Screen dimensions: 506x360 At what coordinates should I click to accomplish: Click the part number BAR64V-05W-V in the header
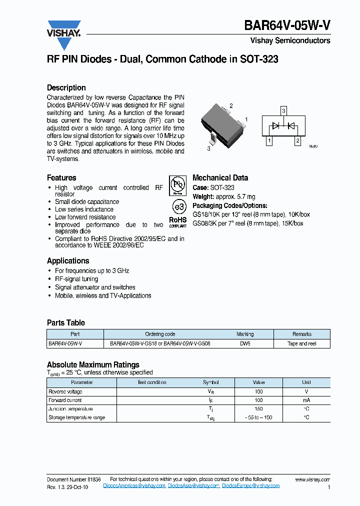tap(287, 26)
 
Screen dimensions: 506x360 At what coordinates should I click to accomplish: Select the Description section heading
tap(66, 87)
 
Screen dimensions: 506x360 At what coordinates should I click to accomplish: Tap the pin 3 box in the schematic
tap(283, 110)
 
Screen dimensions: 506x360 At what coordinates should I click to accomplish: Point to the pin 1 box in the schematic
tap(269, 141)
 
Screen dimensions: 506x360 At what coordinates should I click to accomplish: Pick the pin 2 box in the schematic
tap(297, 141)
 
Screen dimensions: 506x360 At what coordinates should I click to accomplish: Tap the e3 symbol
tap(178, 207)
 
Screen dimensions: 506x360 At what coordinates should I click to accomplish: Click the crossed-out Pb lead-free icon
tap(177, 185)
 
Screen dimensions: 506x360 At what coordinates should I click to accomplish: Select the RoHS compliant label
tap(177, 221)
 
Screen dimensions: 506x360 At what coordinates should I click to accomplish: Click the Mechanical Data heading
tap(220, 177)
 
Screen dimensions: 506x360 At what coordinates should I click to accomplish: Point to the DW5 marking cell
tap(245, 343)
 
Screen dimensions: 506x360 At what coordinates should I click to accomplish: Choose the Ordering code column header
tap(160, 334)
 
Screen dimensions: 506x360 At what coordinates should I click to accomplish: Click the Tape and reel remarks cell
tap(302, 343)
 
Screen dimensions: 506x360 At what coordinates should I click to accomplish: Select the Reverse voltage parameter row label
tap(65, 391)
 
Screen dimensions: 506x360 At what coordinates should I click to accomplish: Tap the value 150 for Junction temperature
tap(258, 408)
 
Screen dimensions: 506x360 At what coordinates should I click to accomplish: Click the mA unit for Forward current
tap(306, 400)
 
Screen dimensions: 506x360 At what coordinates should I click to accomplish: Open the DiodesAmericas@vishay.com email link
tap(134, 485)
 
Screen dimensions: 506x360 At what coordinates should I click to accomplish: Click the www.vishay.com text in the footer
tap(312, 479)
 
